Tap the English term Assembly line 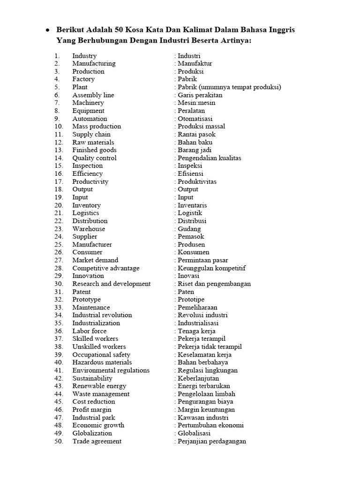93,95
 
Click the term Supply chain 91,135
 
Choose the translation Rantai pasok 196,135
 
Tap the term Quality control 94,158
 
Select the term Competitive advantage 105,268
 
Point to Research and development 111,284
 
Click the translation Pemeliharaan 197,307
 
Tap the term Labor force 89,331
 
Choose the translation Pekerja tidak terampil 209,347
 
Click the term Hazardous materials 102,362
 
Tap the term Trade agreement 97,441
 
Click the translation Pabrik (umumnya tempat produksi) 228,87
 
